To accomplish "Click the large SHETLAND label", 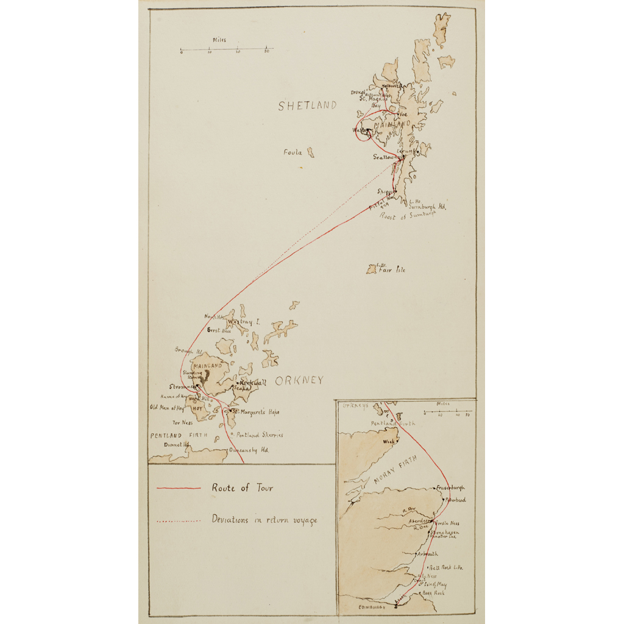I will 307,105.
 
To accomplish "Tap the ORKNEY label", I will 299,381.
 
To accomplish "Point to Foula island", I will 311,152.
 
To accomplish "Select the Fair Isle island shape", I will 371,269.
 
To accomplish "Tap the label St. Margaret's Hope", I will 255,412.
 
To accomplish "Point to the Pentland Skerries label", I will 260,435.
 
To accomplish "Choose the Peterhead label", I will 456,500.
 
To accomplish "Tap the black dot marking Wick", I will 396,440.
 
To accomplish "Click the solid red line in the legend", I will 179,488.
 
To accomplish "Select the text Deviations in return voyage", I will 264,520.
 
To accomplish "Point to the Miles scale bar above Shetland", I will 227,49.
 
